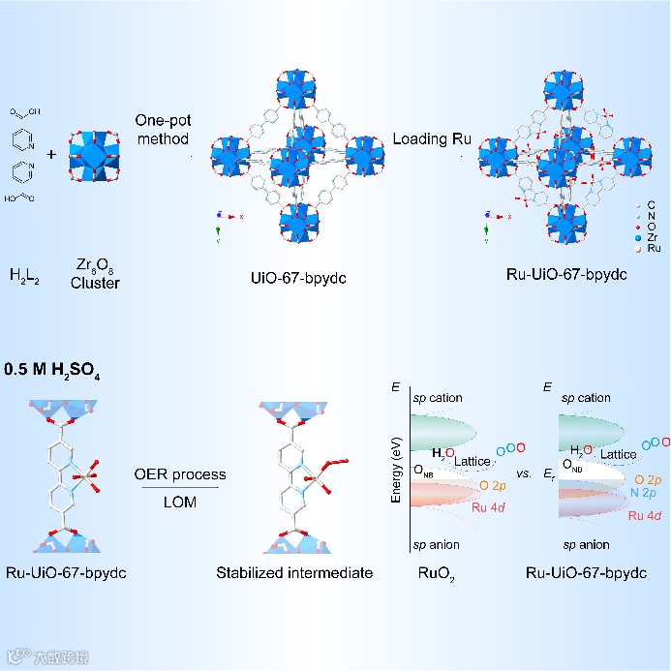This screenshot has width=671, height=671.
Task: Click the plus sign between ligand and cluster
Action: point(51,153)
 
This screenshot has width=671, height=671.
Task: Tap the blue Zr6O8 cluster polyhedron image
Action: point(95,154)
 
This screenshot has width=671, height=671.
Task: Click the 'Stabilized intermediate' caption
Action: point(294,573)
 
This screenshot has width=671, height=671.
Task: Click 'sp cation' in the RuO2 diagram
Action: point(438,398)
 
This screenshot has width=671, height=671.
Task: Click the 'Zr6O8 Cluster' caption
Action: point(95,274)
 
